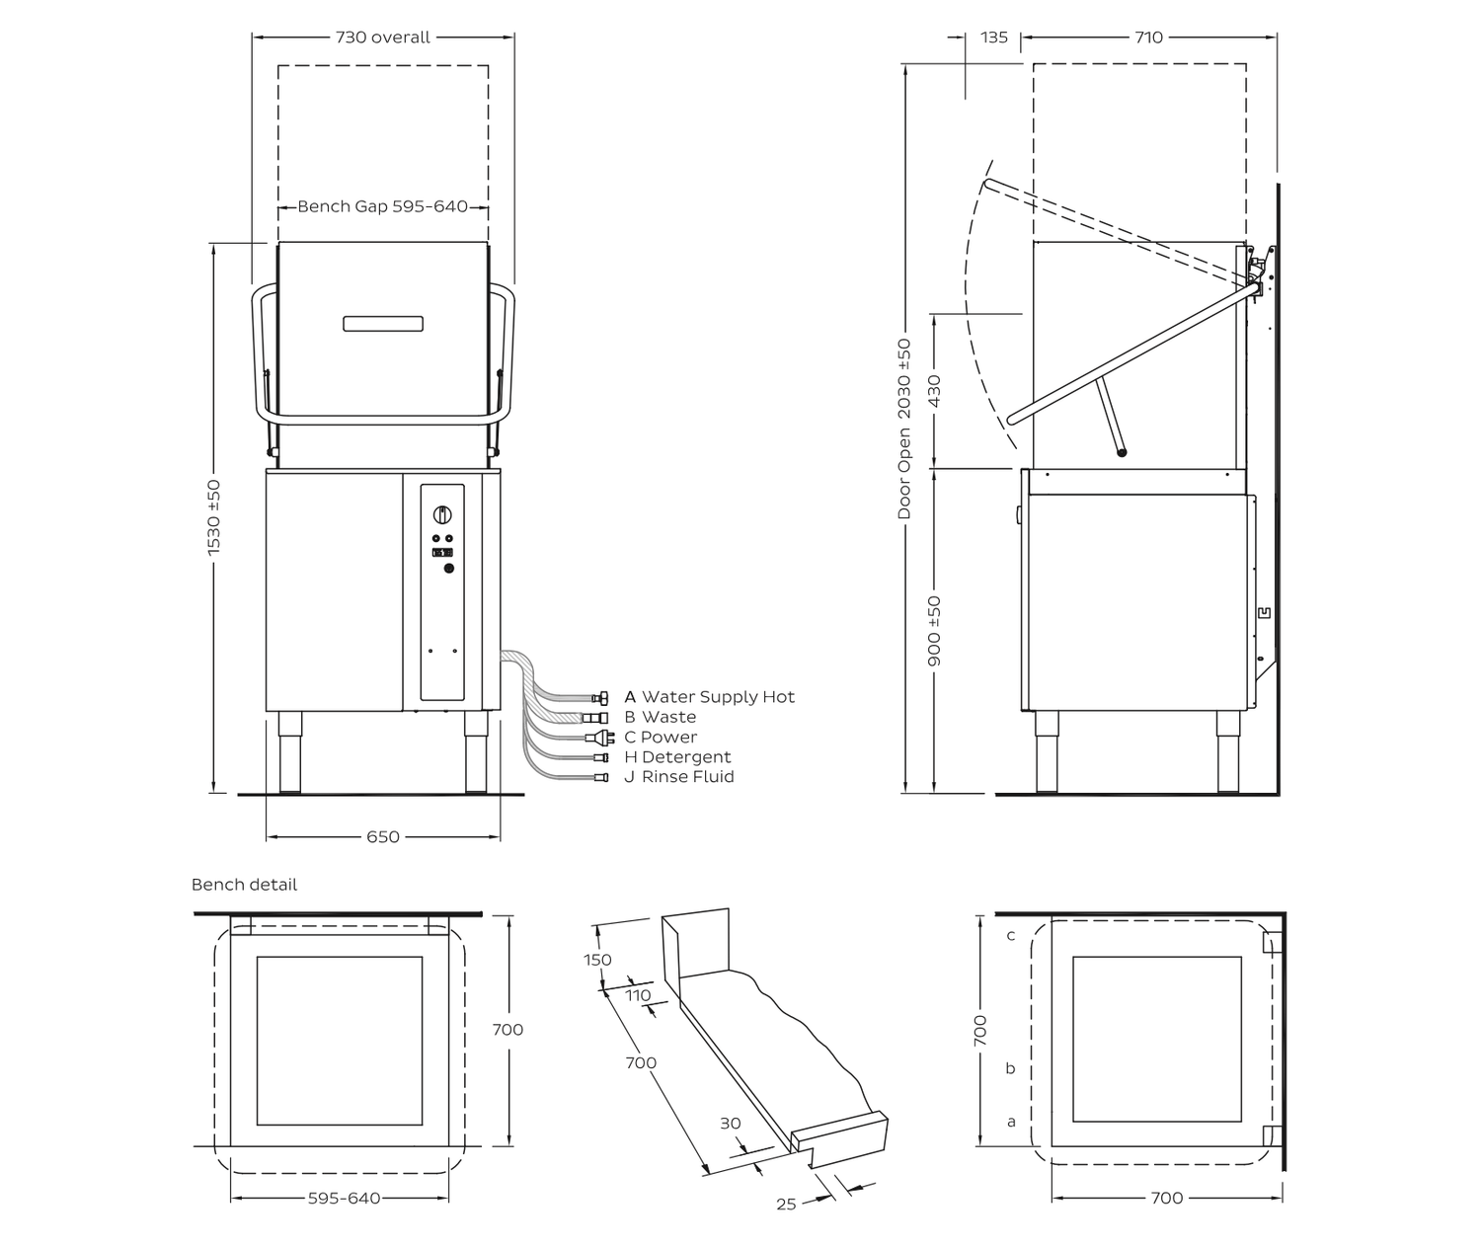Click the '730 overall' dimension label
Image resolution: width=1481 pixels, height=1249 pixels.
click(382, 38)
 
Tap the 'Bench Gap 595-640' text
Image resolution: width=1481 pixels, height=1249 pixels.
click(382, 206)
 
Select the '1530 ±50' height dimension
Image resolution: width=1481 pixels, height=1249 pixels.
click(213, 517)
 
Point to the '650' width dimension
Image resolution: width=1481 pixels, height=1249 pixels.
click(382, 837)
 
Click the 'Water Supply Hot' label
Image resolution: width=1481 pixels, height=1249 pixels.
click(718, 697)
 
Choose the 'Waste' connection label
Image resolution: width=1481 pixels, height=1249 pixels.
click(668, 717)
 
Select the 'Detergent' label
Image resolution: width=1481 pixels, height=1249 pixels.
click(686, 757)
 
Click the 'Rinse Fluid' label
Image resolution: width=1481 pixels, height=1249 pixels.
click(687, 777)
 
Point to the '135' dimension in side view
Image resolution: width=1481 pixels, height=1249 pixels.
click(993, 38)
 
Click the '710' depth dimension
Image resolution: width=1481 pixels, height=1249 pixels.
click(1148, 38)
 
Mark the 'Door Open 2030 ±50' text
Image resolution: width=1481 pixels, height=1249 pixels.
click(903, 429)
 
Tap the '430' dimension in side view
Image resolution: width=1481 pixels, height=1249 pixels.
click(934, 391)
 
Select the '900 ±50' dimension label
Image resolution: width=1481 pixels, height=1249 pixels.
click(934, 631)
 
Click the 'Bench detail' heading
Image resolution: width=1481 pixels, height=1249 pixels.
click(244, 885)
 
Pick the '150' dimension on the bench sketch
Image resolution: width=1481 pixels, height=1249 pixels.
click(597, 960)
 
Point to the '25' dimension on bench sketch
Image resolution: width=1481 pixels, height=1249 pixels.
click(786, 1205)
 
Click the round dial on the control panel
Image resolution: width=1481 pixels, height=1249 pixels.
click(442, 514)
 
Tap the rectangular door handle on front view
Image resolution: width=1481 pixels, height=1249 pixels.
click(383, 324)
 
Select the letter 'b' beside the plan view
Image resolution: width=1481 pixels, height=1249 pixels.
click(1011, 1067)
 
